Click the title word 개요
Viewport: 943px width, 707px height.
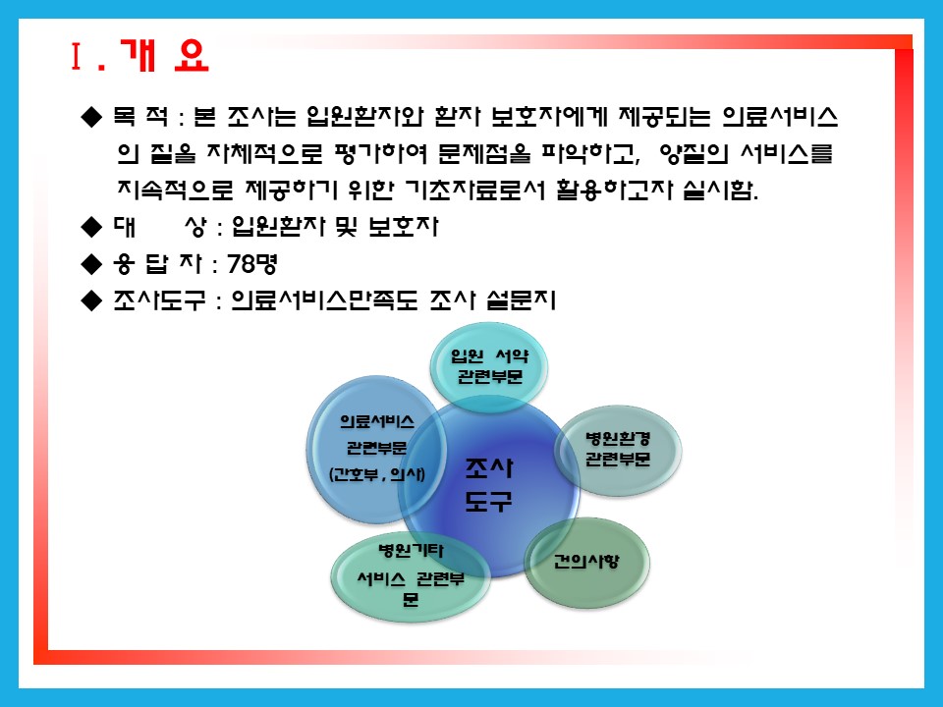[x=164, y=56]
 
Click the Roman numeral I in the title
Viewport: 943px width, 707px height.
[x=76, y=57]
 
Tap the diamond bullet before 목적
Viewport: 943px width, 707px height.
[x=91, y=117]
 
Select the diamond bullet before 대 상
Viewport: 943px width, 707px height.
[x=91, y=227]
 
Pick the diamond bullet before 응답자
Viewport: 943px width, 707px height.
[x=91, y=264]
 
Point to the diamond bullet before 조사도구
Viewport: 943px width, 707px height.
[x=91, y=300]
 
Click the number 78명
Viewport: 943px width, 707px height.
[x=252, y=264]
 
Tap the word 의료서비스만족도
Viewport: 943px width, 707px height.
[x=324, y=300]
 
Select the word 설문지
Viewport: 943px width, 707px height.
[x=521, y=300]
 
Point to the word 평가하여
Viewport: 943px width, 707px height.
[x=381, y=154]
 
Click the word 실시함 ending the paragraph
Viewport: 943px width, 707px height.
[x=720, y=190]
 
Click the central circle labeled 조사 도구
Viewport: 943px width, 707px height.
[x=488, y=486]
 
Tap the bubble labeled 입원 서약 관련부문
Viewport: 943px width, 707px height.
[x=489, y=366]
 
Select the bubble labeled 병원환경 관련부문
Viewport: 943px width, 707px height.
[x=618, y=450]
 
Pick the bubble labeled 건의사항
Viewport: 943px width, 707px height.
[x=587, y=563]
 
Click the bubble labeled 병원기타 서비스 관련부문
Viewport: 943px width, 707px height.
[x=411, y=577]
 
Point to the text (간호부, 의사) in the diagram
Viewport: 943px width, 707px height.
[x=377, y=474]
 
